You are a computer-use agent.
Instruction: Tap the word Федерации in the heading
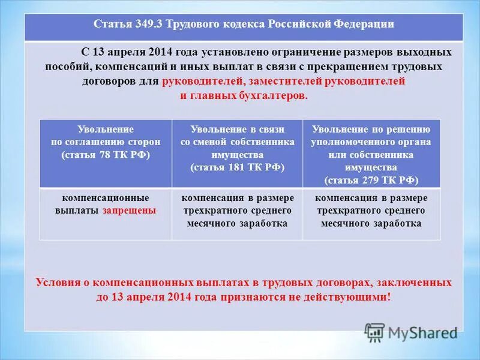click(366, 25)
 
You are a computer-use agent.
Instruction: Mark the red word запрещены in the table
click(129, 211)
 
